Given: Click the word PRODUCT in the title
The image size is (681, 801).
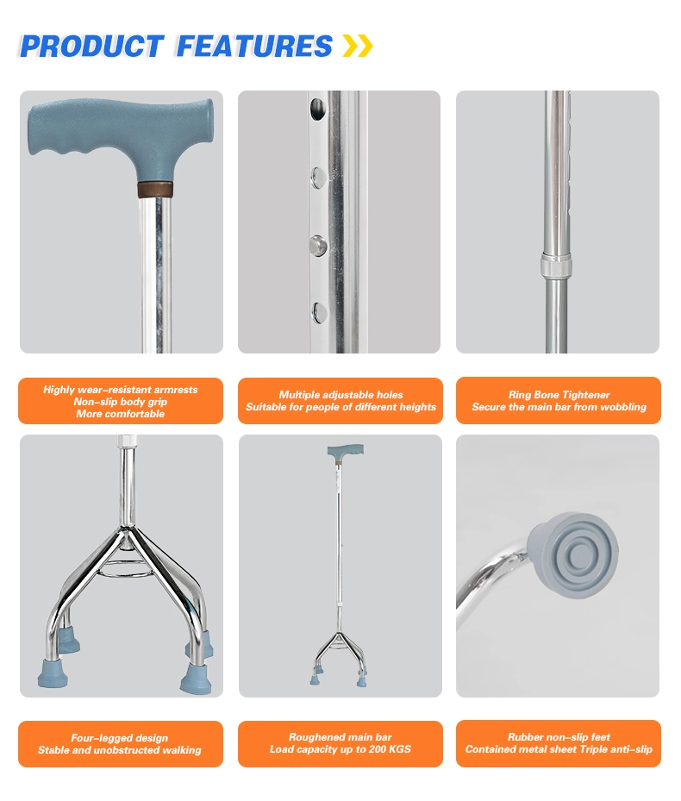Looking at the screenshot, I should (x=91, y=46).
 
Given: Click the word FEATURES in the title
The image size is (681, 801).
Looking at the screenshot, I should (x=254, y=46).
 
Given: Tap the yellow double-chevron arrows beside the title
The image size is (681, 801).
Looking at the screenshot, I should (x=358, y=46).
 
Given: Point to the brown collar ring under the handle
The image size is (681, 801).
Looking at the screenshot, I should (x=154, y=187).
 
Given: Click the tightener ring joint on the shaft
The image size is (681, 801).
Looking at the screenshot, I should (x=555, y=265).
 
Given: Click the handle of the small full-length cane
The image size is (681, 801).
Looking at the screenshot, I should (x=345, y=450).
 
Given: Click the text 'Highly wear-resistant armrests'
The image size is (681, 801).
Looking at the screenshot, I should (x=121, y=390).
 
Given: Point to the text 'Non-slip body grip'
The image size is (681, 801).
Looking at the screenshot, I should (x=121, y=402).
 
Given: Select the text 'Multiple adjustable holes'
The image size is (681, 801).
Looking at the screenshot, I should (x=340, y=395).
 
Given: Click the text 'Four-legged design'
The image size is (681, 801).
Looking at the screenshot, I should (x=120, y=738).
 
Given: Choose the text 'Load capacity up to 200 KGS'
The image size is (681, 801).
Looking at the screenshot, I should (x=340, y=749).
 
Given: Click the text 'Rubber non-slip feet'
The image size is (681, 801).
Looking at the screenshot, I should (x=559, y=737).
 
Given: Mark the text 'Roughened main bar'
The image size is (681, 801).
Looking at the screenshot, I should (x=340, y=737).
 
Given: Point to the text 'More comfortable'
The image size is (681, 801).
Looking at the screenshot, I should (x=120, y=414).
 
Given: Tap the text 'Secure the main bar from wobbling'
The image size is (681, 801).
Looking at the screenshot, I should (x=559, y=407).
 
